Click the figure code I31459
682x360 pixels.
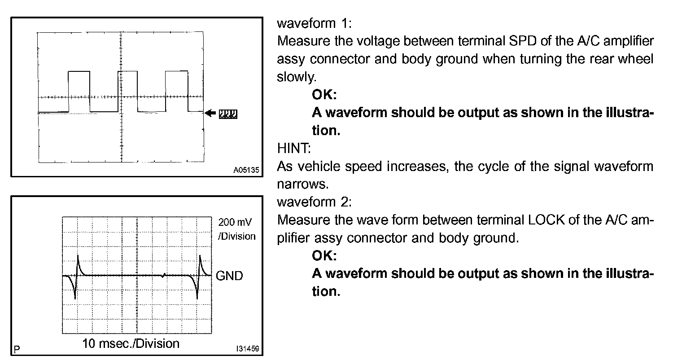pyautogui.click(x=247, y=348)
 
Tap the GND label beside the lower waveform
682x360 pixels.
pyautogui.click(x=229, y=276)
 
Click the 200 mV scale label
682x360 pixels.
pyautogui.click(x=235, y=222)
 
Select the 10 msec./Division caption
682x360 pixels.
pyautogui.click(x=131, y=344)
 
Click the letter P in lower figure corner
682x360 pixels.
pyautogui.click(x=17, y=348)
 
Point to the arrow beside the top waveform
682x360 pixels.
pyautogui.click(x=210, y=113)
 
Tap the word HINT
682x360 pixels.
pyautogui.click(x=291, y=149)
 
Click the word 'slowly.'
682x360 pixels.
pyautogui.click(x=297, y=77)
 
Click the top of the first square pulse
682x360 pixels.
pyautogui.click(x=79, y=71)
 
